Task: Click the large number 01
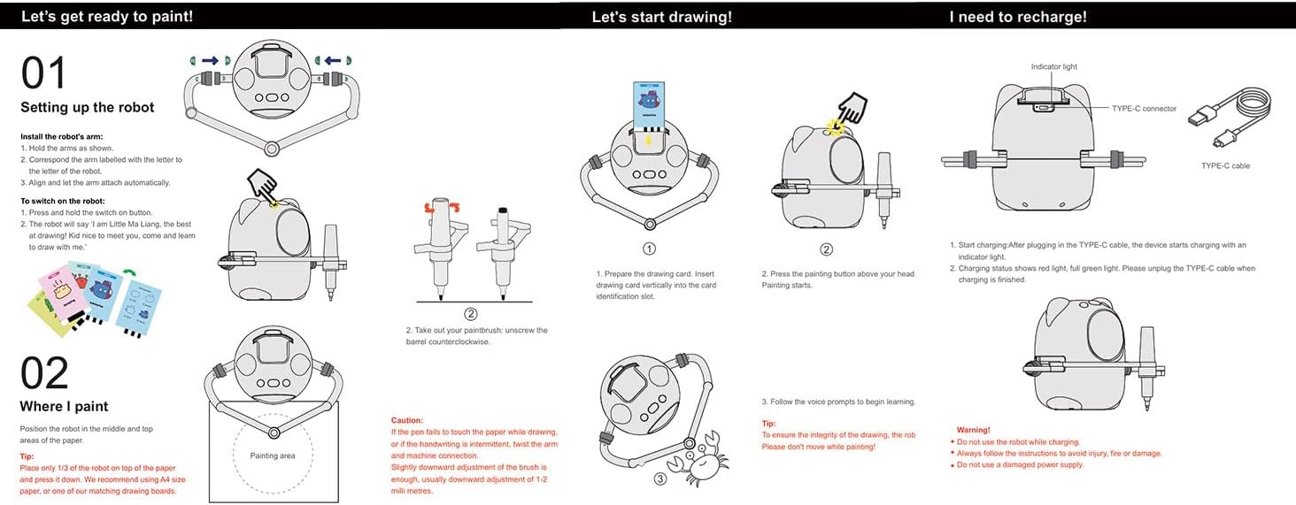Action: click(43, 73)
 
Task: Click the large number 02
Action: click(44, 374)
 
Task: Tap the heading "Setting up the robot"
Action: click(88, 108)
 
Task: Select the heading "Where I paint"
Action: click(64, 407)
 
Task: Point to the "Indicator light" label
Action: click(1054, 67)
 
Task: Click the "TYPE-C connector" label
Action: click(1145, 109)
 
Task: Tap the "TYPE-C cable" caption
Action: click(1225, 165)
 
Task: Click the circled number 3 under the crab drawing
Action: click(660, 479)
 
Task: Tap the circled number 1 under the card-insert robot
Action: click(649, 249)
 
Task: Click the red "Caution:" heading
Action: click(407, 420)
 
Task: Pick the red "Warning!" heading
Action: click(974, 430)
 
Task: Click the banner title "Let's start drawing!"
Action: click(661, 17)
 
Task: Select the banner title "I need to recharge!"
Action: click(1018, 17)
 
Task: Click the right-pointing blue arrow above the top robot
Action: click(210, 60)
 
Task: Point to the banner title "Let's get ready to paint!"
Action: click(107, 17)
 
